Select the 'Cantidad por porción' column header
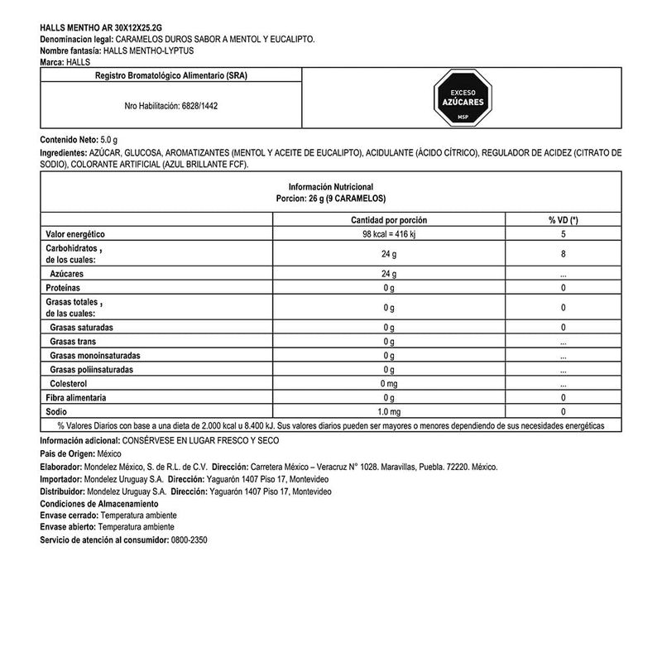(388, 220)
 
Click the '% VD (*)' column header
(563, 220)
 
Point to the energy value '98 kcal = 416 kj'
(388, 234)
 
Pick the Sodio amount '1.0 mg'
(388, 411)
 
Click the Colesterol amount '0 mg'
(388, 384)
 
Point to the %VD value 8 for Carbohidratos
(563, 254)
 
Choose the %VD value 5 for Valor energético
(563, 234)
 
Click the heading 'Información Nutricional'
(331, 187)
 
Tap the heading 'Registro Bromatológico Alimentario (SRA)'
(171, 75)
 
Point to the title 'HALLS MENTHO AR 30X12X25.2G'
(96, 27)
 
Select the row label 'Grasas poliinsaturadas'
(91, 369)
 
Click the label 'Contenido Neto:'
(69, 140)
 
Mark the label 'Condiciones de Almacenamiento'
(98, 503)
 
